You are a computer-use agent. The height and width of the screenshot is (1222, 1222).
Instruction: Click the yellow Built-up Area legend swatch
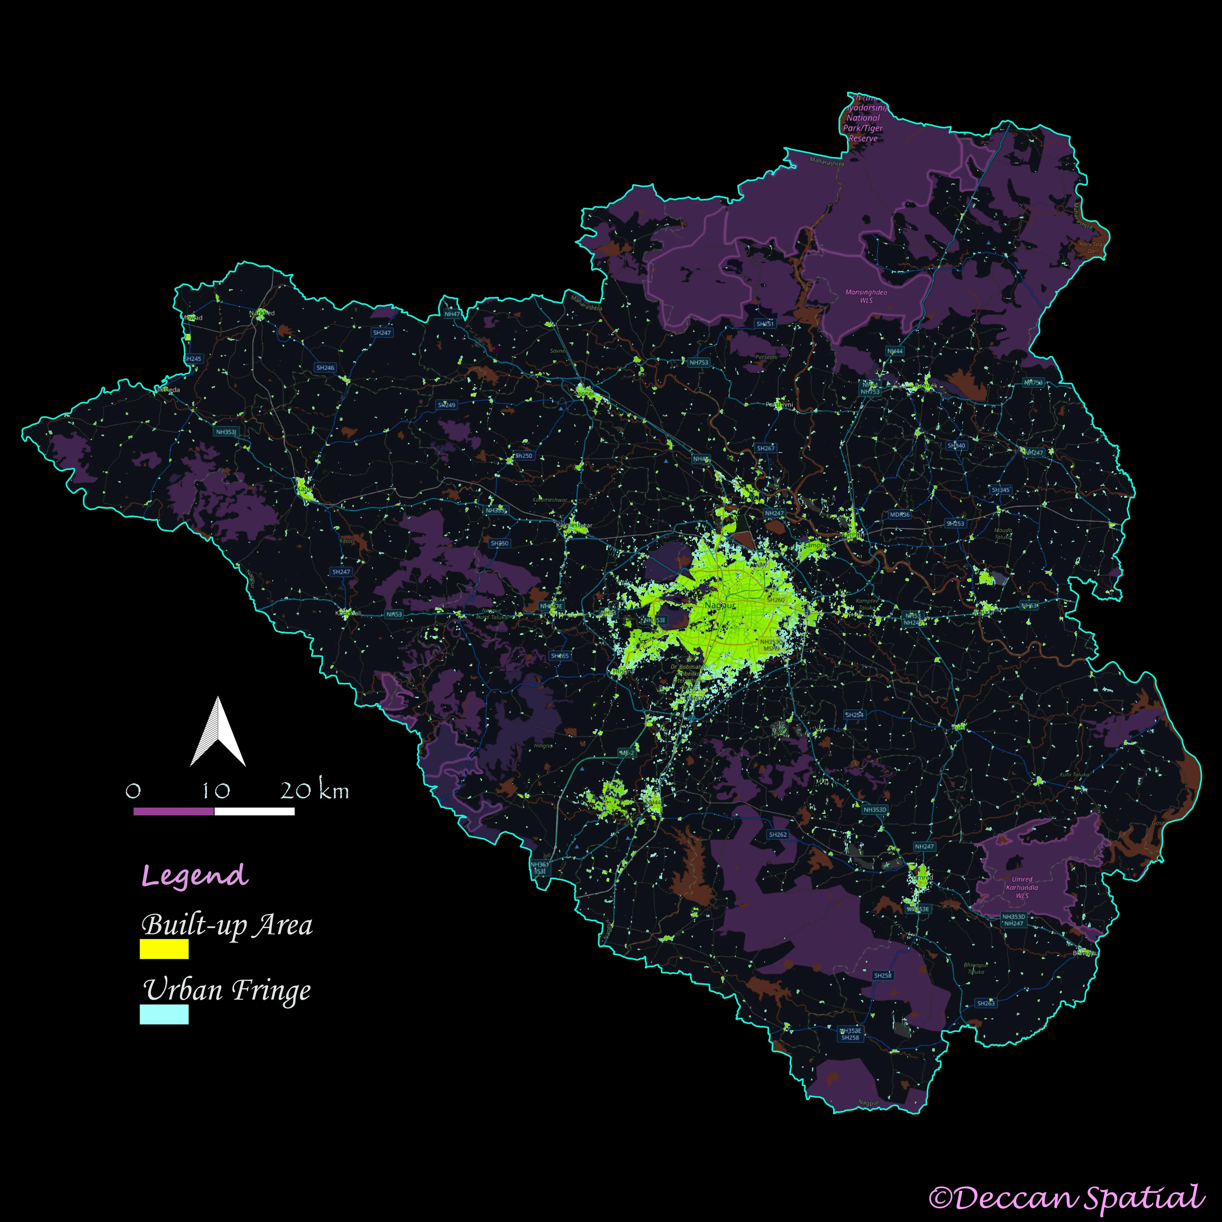[164, 949]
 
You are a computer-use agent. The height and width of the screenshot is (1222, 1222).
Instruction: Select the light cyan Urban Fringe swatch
[164, 1015]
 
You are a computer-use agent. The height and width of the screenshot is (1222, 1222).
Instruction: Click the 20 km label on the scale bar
[314, 791]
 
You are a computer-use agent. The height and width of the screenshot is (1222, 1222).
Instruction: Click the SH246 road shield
[325, 368]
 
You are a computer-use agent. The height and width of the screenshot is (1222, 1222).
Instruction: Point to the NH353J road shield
[226, 432]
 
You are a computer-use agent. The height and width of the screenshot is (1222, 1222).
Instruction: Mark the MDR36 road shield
[899, 514]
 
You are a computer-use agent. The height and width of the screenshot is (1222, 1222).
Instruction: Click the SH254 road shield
[854, 715]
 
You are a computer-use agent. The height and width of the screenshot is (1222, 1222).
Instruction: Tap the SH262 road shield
[777, 834]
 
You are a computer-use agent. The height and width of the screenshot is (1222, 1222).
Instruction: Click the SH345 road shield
[1001, 490]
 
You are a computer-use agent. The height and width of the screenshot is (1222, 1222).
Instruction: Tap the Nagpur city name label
[720, 605]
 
